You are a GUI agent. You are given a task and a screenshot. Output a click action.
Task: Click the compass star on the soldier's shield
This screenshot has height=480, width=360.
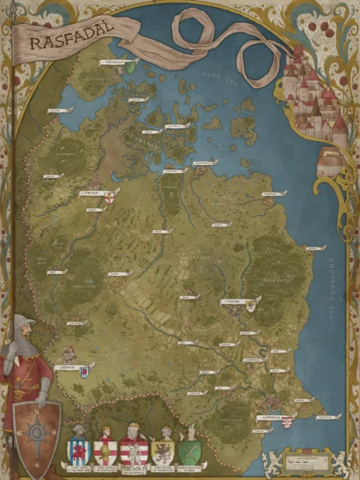pos(37,433)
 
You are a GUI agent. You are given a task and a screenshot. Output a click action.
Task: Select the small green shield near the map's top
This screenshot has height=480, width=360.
pos(130,67)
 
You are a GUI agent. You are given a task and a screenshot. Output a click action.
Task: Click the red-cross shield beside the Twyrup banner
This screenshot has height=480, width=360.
pos(109,197)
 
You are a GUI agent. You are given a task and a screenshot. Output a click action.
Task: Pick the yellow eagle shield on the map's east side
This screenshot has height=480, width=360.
pos(250,305)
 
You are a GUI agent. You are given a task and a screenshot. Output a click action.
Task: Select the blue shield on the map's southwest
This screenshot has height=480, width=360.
pos(84,372)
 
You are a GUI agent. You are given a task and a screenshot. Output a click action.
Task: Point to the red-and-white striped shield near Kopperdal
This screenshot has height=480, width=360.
pos(286,421)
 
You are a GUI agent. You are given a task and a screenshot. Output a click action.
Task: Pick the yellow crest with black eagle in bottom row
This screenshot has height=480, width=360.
pos(163,451)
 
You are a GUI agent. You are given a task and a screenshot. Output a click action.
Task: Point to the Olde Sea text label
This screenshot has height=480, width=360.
pos(214,75)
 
